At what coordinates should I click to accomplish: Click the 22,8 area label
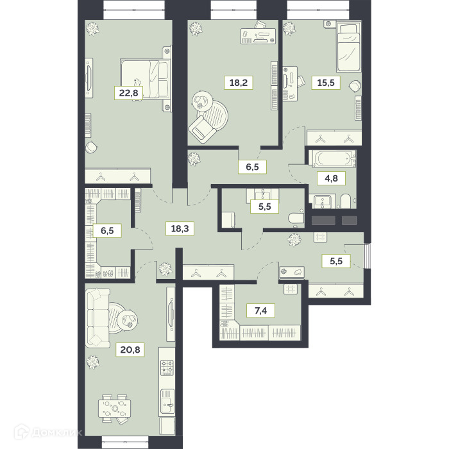coord(128,93)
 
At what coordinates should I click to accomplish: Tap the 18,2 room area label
coord(239,83)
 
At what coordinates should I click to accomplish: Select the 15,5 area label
coord(326,83)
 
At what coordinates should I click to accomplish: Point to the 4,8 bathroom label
coord(332,178)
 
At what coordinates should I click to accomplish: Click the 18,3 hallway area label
coord(180,228)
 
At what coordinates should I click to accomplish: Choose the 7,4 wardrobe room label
coord(260,310)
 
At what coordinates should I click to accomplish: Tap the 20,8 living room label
coord(130,350)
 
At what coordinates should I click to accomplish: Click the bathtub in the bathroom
coord(332,158)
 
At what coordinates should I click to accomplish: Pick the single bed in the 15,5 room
coord(348,47)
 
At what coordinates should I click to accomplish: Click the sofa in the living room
coord(97,318)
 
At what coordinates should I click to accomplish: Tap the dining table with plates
coord(115,408)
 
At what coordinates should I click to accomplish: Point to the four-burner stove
coord(167,368)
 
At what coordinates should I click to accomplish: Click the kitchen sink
coord(167,401)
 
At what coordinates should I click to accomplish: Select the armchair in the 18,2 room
coord(202,130)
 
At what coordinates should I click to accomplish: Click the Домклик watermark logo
coord(48,432)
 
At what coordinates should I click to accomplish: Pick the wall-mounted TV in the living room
coord(171,314)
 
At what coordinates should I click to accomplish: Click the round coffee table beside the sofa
coord(128,319)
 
